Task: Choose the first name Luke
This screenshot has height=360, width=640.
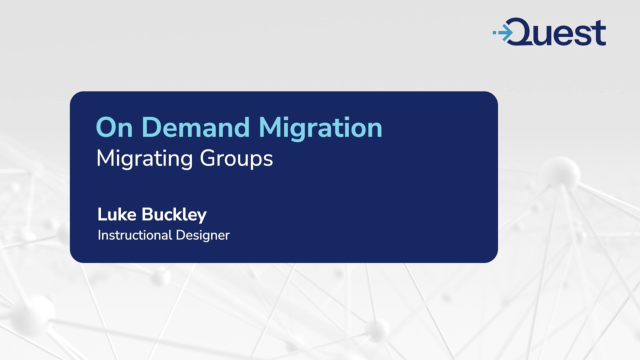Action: [116, 214]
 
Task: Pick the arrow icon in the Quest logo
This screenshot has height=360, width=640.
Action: [504, 33]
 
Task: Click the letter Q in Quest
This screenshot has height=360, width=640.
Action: [528, 33]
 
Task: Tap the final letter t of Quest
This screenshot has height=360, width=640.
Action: [598, 33]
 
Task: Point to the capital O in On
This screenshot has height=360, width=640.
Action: [105, 128]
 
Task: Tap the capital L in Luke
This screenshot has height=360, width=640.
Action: [101, 214]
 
